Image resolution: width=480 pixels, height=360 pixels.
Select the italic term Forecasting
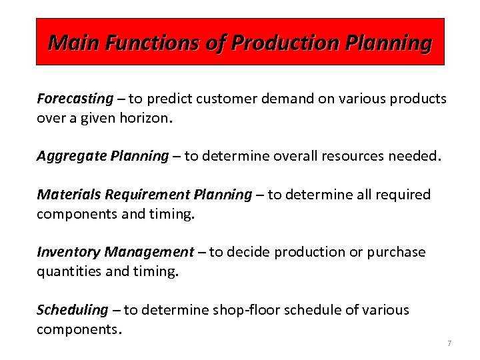coord(75,99)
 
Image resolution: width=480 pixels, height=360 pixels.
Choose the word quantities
coord(67,271)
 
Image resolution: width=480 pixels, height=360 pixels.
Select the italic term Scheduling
coord(72,309)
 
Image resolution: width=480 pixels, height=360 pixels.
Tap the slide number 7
coord(449,343)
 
